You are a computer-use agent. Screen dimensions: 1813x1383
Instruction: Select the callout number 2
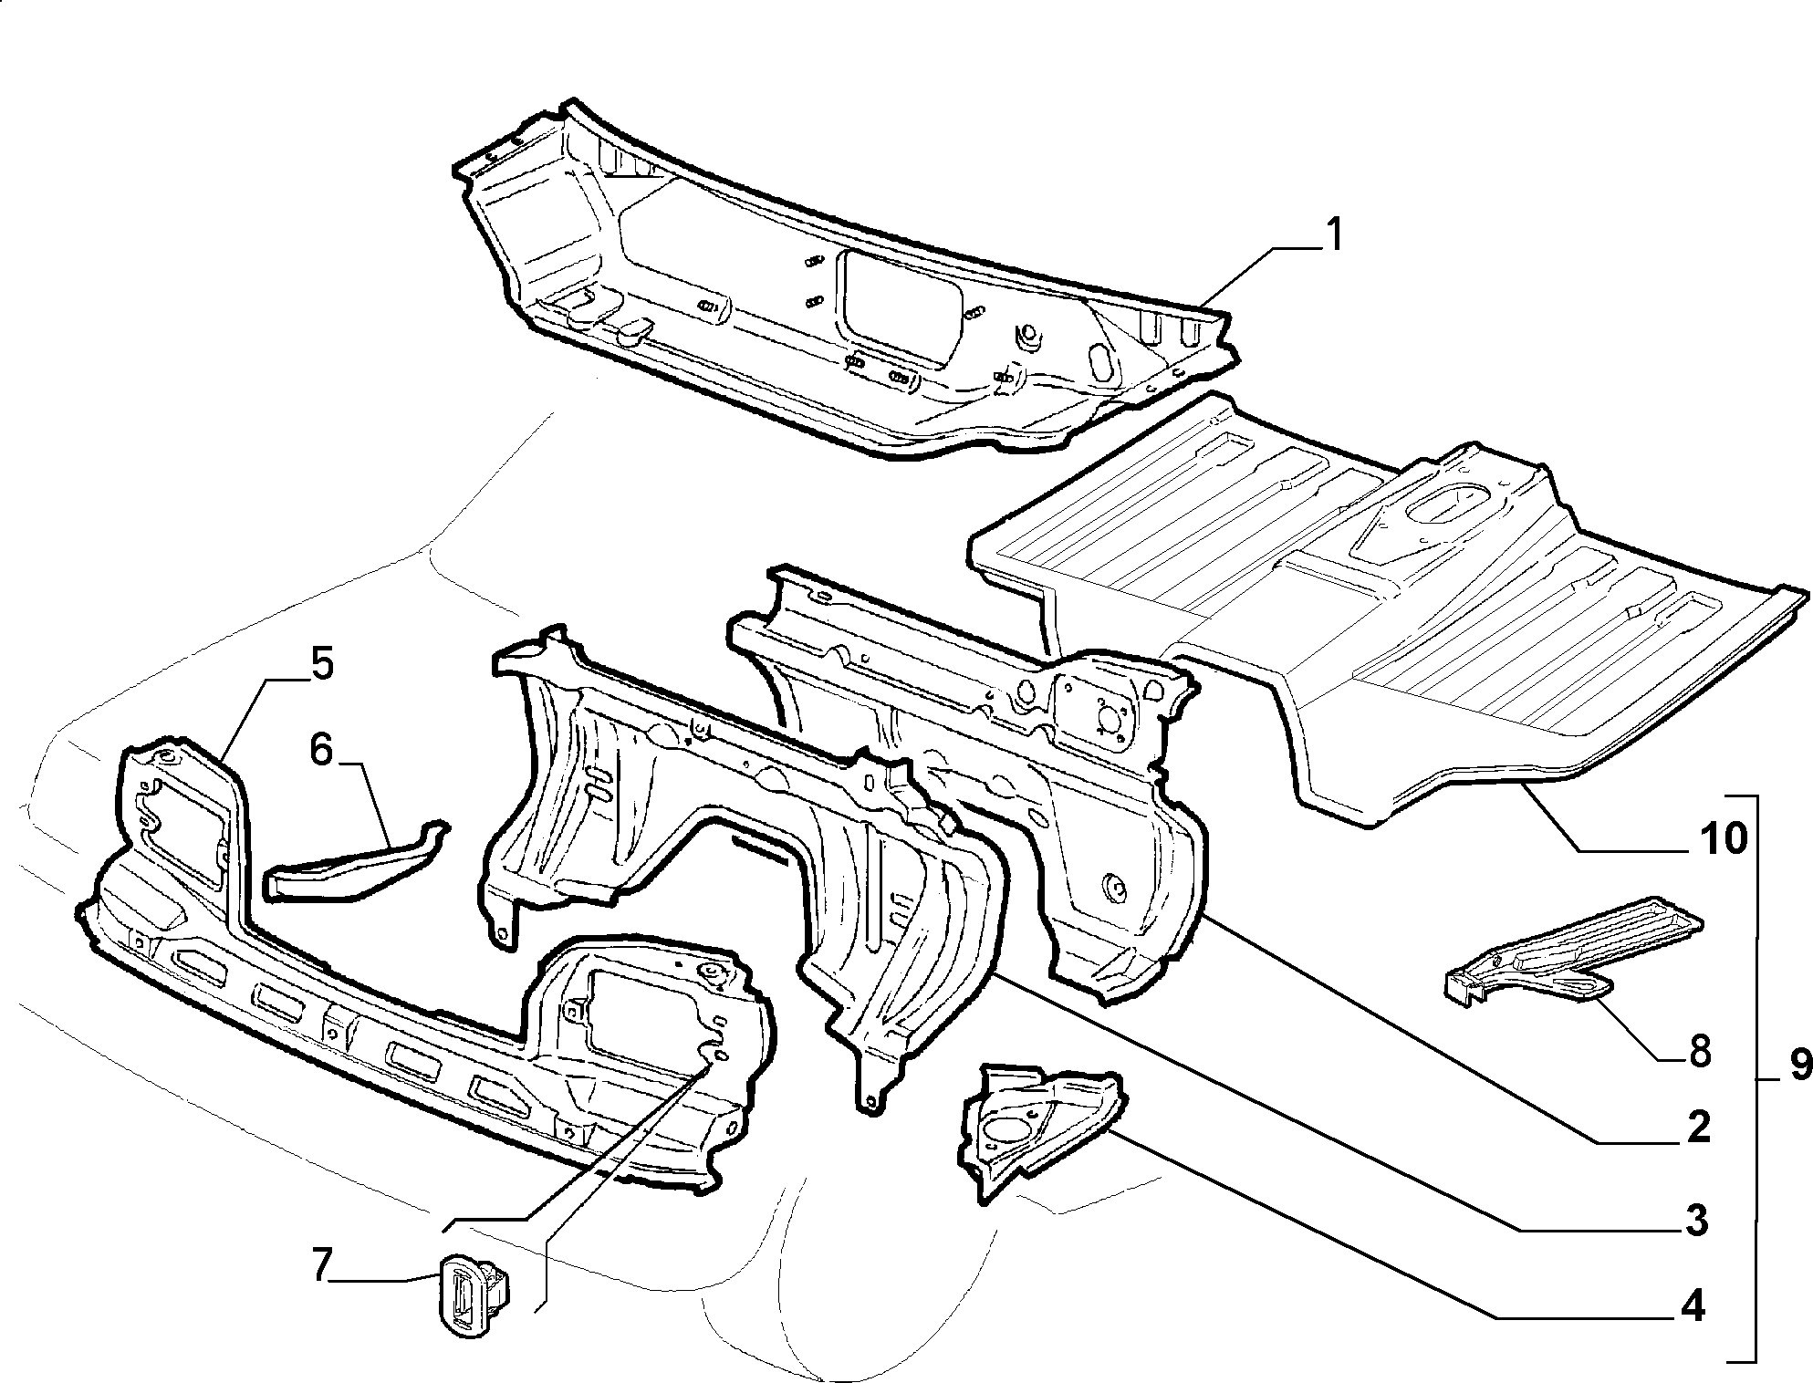click(1697, 1128)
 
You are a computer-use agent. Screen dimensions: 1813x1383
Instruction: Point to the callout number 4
click(1693, 1308)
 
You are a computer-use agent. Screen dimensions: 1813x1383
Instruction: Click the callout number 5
click(321, 663)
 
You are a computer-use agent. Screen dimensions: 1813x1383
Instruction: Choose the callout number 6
click(321, 749)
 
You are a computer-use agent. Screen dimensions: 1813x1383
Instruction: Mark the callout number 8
click(1698, 1053)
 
